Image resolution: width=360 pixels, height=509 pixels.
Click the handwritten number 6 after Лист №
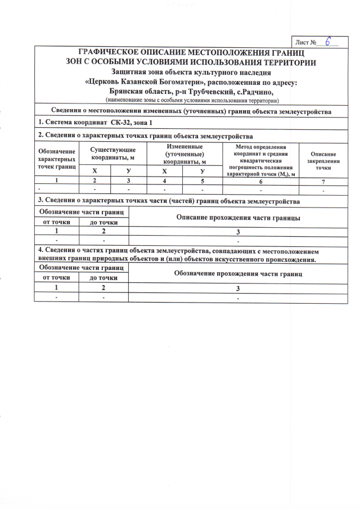point(327,42)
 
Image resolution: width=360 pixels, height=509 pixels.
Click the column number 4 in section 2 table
point(164,181)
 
